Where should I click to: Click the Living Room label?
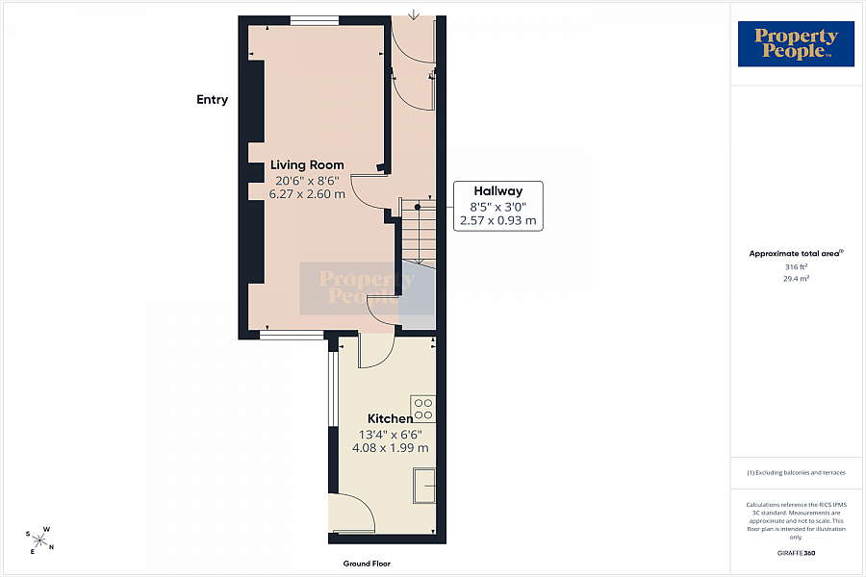tap(307, 164)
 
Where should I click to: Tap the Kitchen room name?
tap(390, 418)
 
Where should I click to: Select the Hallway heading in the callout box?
tap(498, 191)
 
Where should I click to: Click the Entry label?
tap(212, 99)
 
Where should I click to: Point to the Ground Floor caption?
tap(367, 564)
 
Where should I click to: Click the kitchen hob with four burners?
tap(423, 409)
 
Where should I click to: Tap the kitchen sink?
tap(424, 486)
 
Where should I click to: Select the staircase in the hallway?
tap(419, 233)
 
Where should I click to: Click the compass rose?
tap(40, 540)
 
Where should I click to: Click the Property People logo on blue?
tap(796, 43)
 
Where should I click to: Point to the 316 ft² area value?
tap(796, 266)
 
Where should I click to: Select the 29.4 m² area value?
tap(796, 279)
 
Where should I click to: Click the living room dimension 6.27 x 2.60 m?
tap(307, 194)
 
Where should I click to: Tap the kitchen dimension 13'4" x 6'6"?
tap(391, 435)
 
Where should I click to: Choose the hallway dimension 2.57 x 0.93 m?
tap(498, 221)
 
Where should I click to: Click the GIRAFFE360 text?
tap(796, 553)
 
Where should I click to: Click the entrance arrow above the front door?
tap(414, 15)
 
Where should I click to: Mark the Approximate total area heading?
tap(796, 254)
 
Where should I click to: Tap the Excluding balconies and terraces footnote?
tap(796, 472)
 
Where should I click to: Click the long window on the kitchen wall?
tap(333, 389)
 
